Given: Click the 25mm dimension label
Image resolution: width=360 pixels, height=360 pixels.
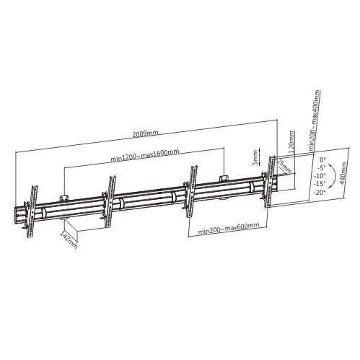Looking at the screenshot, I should click(x=284, y=168).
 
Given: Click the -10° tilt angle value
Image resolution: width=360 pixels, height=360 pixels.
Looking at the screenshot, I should click(x=320, y=175).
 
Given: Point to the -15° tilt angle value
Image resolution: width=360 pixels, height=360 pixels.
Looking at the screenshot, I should click(x=320, y=183).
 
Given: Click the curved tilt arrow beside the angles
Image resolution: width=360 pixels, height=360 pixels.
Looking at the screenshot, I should click(x=333, y=177).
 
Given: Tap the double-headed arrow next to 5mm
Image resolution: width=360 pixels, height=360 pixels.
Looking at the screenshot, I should click(x=263, y=157).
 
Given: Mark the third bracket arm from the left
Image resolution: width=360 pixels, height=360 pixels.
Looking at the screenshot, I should click(x=192, y=189).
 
